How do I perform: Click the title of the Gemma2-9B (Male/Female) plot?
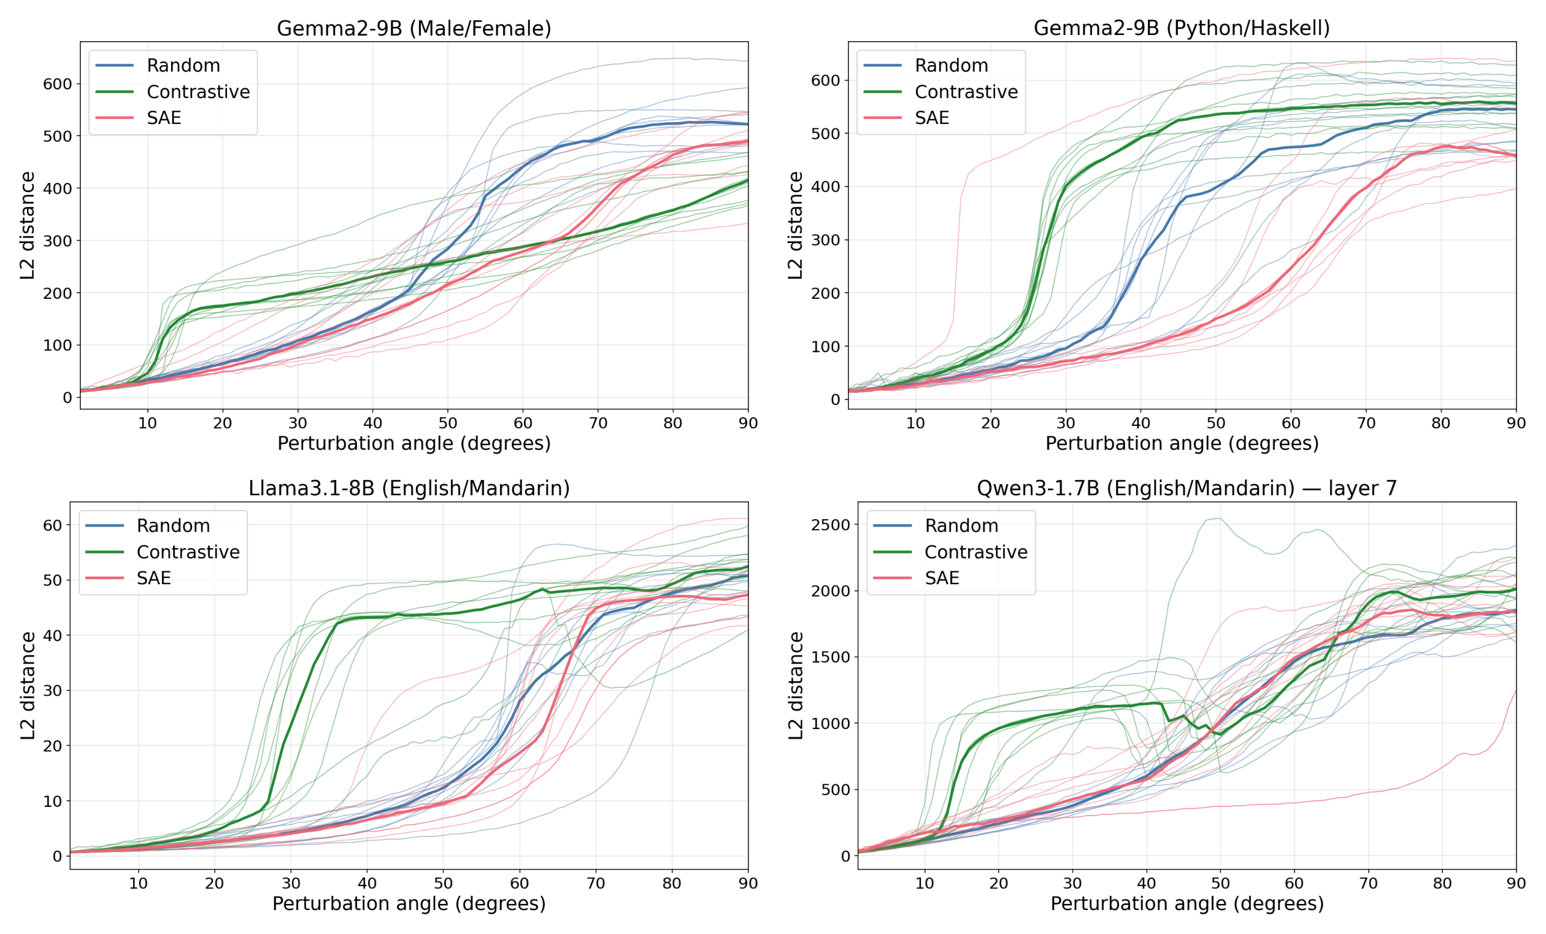[413, 28]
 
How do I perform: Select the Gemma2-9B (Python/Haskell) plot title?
[1182, 28]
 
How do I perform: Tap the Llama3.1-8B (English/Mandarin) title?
[409, 488]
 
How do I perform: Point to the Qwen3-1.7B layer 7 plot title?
[1186, 488]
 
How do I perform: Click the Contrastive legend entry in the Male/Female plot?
[198, 92]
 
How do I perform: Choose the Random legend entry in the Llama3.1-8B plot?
[173, 526]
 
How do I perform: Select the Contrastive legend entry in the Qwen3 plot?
[975, 552]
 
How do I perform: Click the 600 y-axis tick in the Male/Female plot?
[57, 84]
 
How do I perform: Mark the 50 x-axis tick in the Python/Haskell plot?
[1215, 423]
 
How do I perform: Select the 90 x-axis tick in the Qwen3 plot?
[1516, 883]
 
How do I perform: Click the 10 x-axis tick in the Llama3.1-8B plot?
[138, 883]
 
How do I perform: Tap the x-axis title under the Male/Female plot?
[413, 444]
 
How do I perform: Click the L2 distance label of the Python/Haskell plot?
[796, 225]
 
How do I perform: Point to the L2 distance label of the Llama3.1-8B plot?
[28, 685]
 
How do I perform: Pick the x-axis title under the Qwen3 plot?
[1186, 904]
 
